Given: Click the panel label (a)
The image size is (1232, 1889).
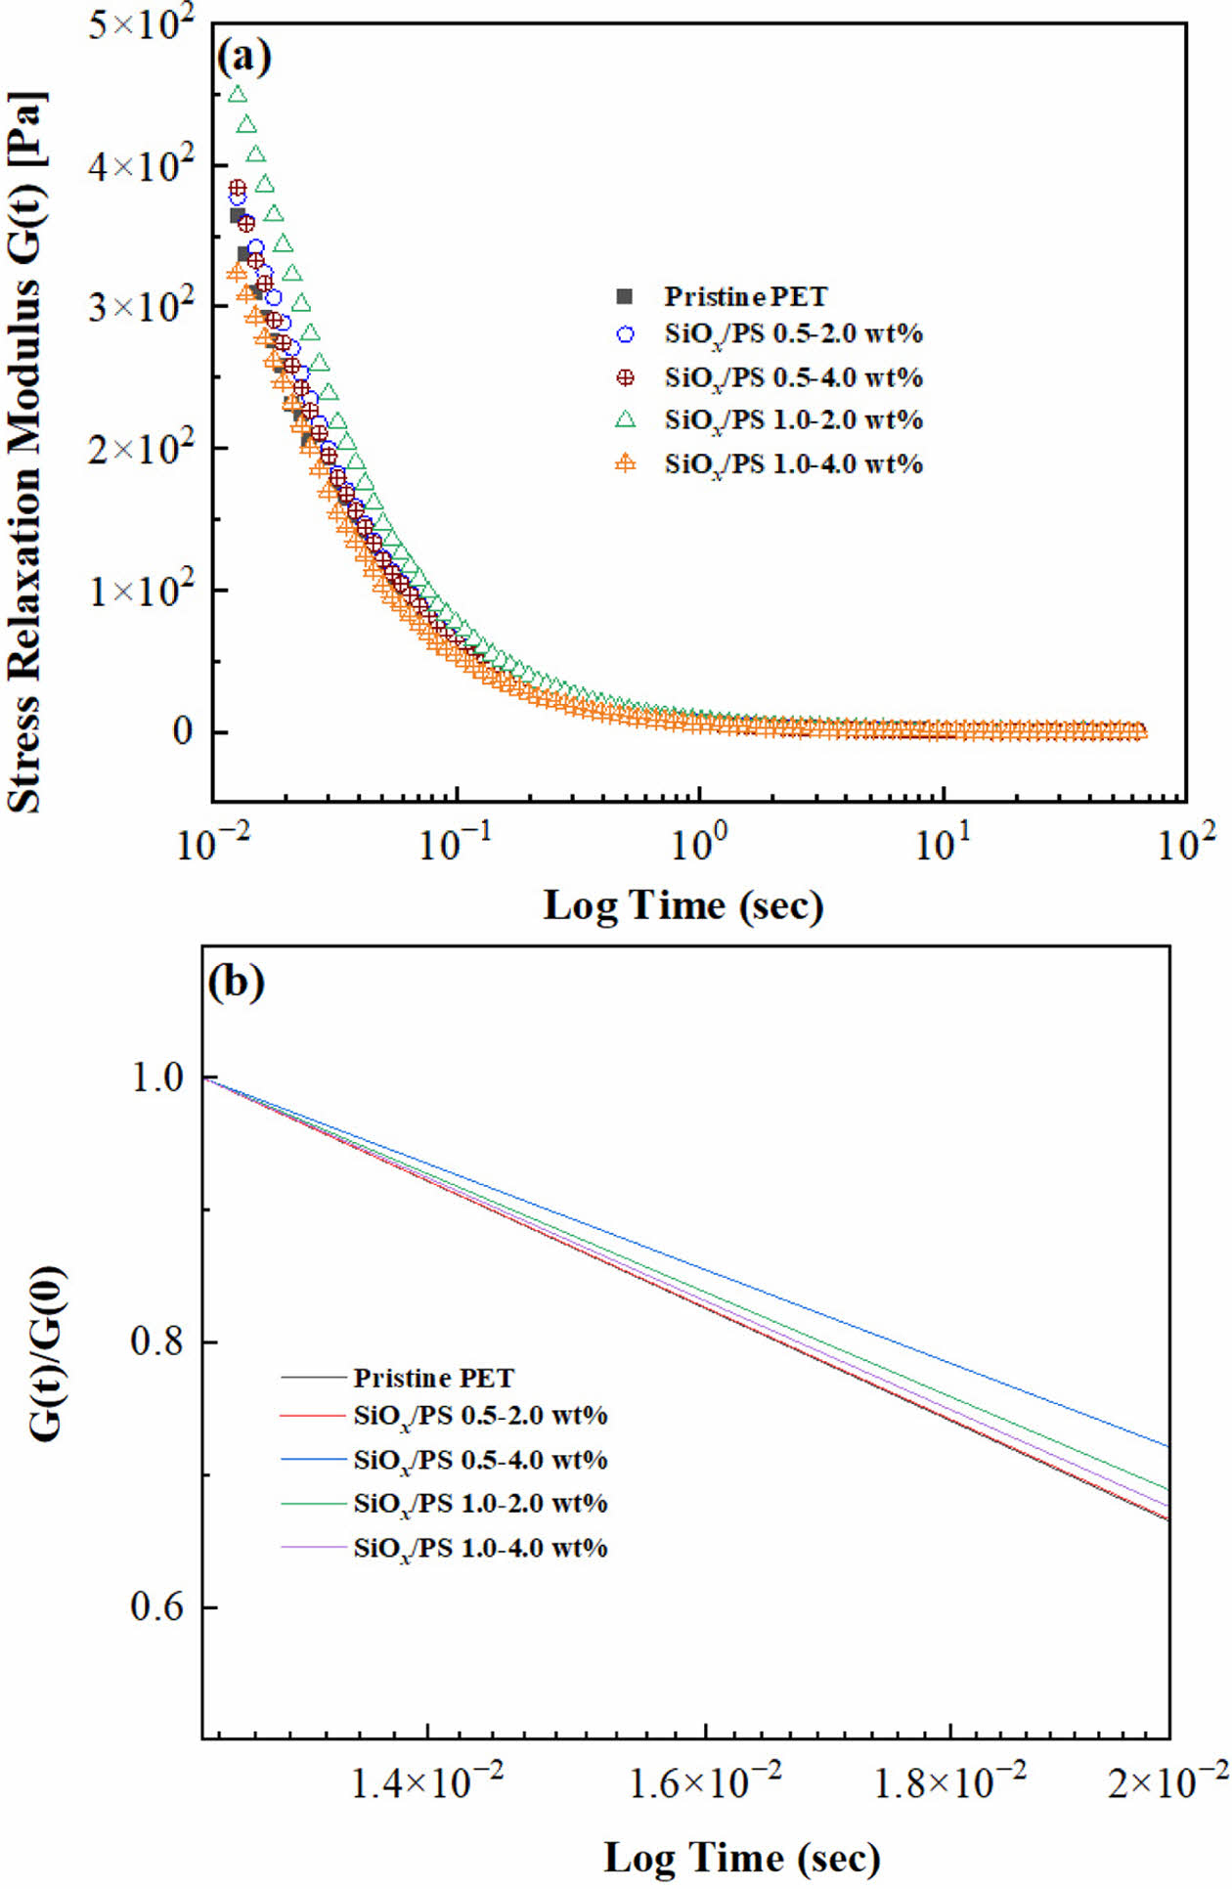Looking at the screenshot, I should pyautogui.click(x=243, y=58).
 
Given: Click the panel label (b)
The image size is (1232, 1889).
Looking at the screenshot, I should pyautogui.click(x=236, y=983).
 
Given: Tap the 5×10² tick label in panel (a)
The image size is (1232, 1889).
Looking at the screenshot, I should pyautogui.click(x=141, y=23).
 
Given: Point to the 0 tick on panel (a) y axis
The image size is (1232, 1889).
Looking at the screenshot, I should pyautogui.click(x=182, y=732).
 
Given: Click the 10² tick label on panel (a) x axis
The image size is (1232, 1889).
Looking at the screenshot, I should pyautogui.click(x=1186, y=843).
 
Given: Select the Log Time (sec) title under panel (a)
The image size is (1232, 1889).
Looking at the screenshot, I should pyautogui.click(x=683, y=905).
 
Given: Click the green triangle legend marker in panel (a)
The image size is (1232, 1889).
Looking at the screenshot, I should pyautogui.click(x=625, y=420).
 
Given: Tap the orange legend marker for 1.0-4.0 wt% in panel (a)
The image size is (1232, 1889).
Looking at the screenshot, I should pyautogui.click(x=625, y=463).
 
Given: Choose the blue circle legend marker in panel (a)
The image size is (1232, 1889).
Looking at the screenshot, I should pyautogui.click(x=625, y=334).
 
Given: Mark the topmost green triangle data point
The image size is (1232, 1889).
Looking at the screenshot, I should pyautogui.click(x=238, y=95).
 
